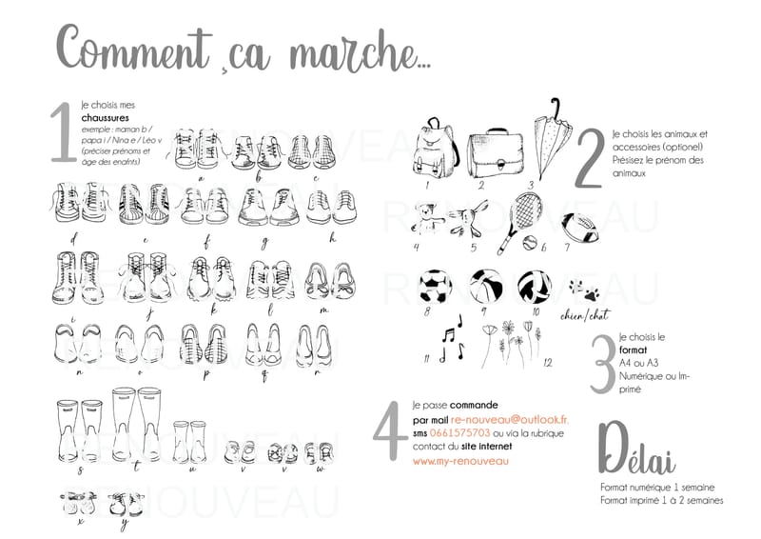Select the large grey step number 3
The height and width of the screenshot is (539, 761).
pyautogui.click(x=601, y=362)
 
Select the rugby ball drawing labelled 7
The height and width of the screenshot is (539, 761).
pyautogui.click(x=577, y=228)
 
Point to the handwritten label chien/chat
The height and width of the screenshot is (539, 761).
pyautogui.click(x=582, y=315)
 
